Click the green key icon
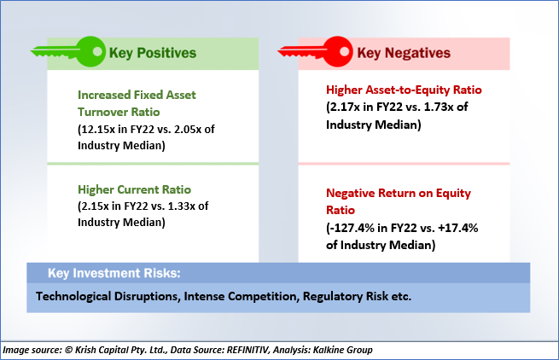tap(68, 52)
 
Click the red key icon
tap(316, 52)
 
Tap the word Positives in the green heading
tap(166, 53)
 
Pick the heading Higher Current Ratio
tap(134, 189)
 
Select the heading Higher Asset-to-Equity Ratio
tap(404, 90)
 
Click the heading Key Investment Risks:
tap(114, 273)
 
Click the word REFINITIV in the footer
tap(247, 350)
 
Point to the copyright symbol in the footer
tap(69, 350)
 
